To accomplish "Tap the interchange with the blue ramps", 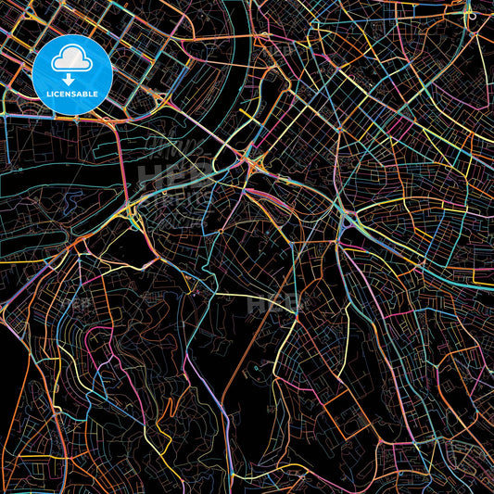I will [x=349, y=220].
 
